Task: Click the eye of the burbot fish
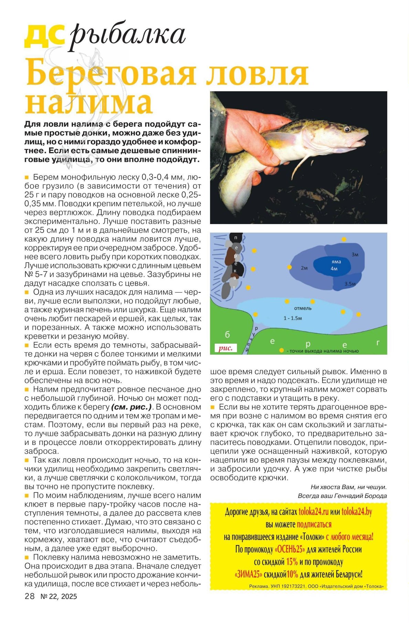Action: pos(347,129)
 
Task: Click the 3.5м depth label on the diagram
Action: pos(350,283)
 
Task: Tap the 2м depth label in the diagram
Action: pos(304,268)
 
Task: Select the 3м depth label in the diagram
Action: pos(355,254)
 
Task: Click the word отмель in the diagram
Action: pos(303,308)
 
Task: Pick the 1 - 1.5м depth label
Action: pos(293,318)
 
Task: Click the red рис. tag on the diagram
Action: pos(226,348)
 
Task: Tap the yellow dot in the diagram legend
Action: pos(282,351)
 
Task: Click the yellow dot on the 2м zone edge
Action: pos(290,267)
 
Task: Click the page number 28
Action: pos(30,596)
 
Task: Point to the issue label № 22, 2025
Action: pos(59,597)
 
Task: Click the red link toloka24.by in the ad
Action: pos(357,512)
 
